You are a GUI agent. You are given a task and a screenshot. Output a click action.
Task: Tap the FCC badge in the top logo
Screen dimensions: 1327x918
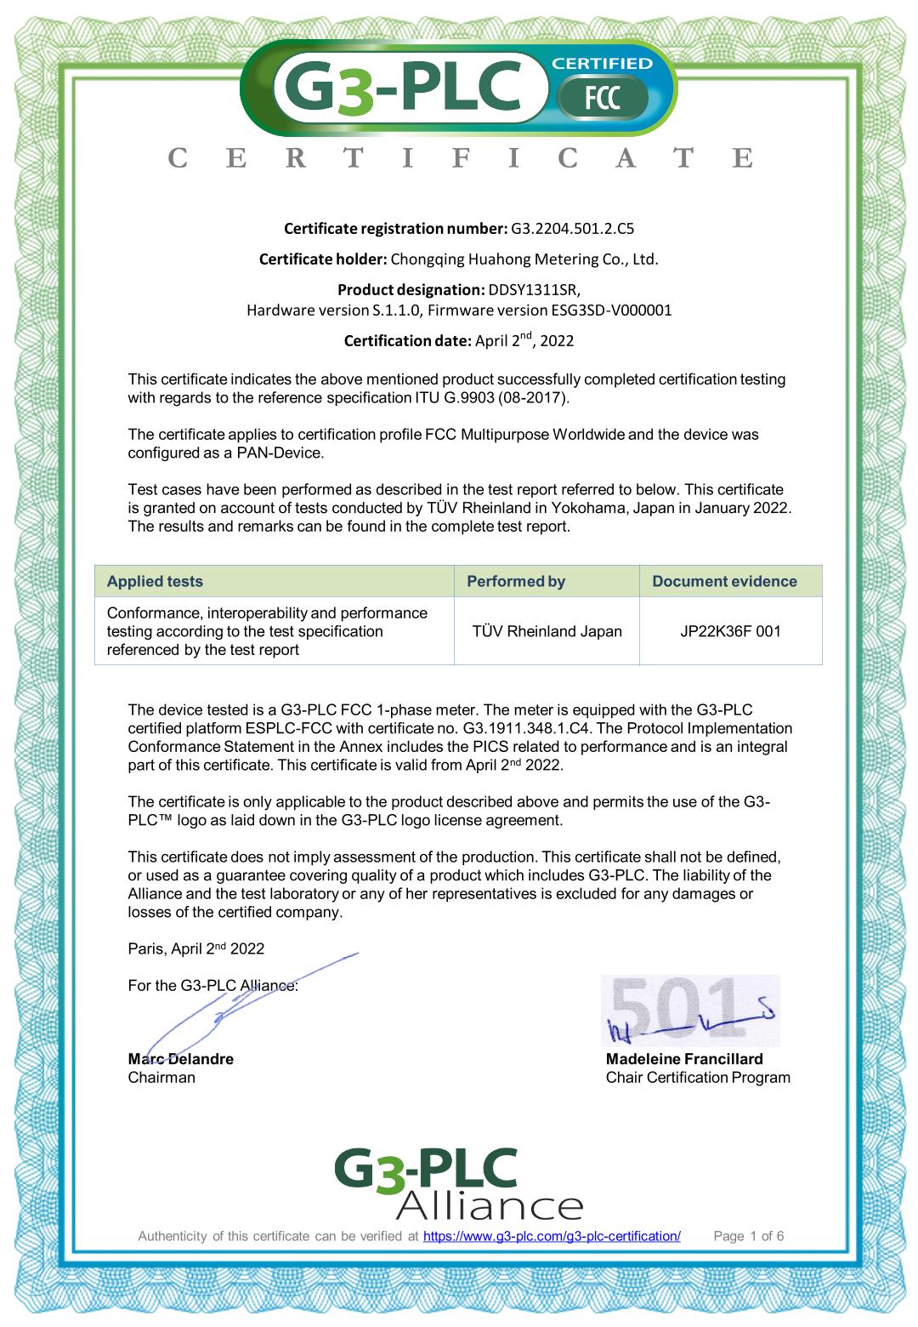tap(603, 99)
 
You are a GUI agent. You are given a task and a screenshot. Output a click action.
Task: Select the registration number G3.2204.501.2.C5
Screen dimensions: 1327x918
tap(572, 228)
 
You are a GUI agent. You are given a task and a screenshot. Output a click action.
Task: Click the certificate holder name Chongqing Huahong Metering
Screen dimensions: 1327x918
tap(524, 259)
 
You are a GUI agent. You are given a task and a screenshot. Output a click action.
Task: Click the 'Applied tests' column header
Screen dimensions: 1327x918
tap(155, 581)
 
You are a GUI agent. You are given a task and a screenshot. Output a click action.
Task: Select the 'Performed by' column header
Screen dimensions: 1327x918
tap(516, 581)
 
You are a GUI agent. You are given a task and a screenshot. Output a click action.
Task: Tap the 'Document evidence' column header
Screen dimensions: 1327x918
tap(724, 581)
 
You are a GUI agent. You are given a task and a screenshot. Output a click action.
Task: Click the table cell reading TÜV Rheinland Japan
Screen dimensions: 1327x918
tap(547, 631)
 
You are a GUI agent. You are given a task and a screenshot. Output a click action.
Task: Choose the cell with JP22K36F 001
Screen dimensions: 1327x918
tap(730, 631)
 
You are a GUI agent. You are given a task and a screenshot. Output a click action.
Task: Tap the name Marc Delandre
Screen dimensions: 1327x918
tap(180, 1059)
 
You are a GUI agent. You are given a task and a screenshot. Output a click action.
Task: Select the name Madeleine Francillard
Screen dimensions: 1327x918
tap(684, 1059)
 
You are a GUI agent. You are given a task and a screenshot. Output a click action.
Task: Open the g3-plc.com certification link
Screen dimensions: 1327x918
tap(552, 1236)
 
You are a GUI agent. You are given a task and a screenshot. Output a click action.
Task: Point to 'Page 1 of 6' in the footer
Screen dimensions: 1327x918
tap(749, 1236)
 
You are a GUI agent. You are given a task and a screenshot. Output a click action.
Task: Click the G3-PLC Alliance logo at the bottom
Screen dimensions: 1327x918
tap(459, 1182)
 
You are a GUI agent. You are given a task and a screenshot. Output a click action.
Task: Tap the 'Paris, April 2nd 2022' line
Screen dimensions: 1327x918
tap(196, 948)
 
